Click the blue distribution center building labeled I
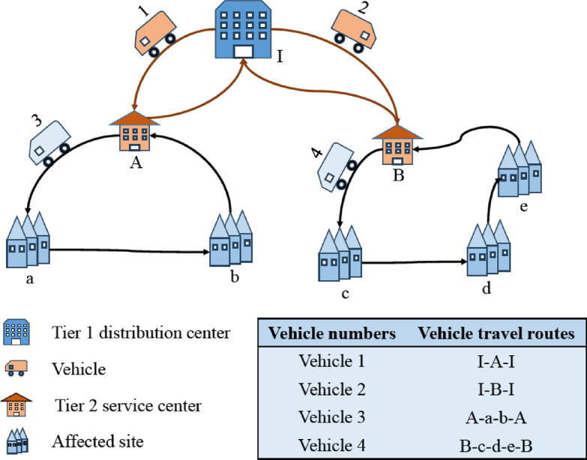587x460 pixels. point(243,29)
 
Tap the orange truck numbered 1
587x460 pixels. point(155,34)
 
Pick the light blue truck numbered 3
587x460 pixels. point(50,143)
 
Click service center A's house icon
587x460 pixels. point(135,131)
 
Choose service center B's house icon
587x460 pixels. point(397,145)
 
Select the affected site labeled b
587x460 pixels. point(231,238)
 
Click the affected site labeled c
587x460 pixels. point(340,253)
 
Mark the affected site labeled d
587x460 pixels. point(489,248)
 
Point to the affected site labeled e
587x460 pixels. point(520,169)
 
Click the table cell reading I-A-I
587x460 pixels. point(496,362)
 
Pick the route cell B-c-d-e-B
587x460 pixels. point(496,446)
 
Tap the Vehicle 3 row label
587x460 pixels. point(331,417)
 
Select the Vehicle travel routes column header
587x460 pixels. point(496,333)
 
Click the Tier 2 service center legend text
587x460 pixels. point(128,406)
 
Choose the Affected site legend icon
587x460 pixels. point(17,441)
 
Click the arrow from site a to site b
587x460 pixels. point(129,251)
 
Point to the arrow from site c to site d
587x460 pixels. point(415,262)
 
